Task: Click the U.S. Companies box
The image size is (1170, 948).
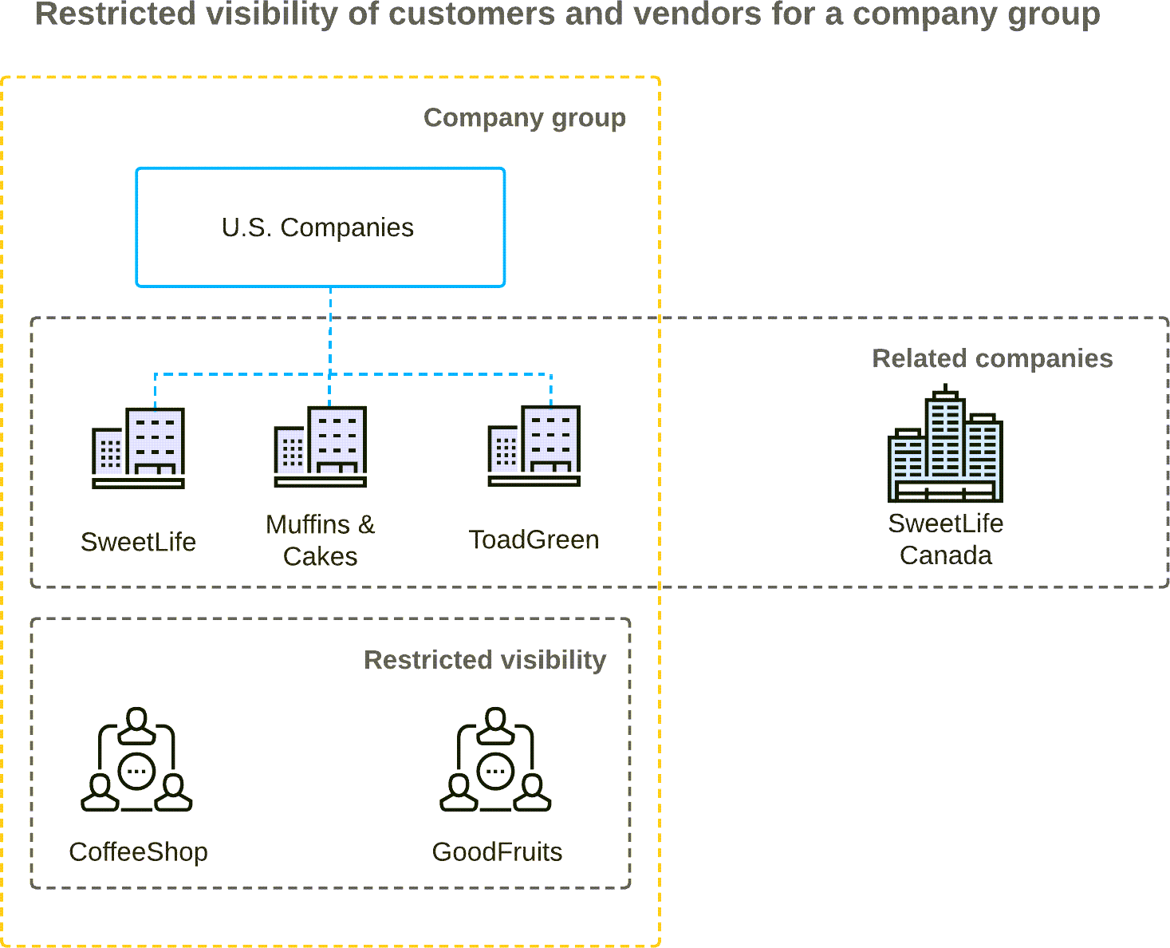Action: click(x=320, y=227)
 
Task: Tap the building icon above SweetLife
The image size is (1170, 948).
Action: click(x=139, y=448)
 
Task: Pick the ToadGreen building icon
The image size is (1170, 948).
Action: click(x=534, y=445)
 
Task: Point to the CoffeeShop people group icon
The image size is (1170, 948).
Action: click(x=137, y=760)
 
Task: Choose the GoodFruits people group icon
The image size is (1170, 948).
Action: click(x=495, y=760)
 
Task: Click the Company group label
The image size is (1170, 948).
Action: click(x=524, y=117)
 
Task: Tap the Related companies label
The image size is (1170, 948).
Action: click(x=991, y=358)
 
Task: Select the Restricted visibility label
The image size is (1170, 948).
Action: click(x=484, y=660)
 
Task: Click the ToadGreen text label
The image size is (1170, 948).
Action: click(x=534, y=540)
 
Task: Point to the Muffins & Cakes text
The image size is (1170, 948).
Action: click(x=320, y=540)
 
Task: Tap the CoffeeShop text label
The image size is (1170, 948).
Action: click(x=138, y=852)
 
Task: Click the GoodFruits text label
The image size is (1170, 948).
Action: click(x=497, y=852)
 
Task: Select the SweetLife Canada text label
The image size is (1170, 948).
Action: click(x=945, y=539)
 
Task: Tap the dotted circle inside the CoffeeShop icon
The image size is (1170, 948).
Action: click(x=137, y=771)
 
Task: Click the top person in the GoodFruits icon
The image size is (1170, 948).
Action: click(x=496, y=725)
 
